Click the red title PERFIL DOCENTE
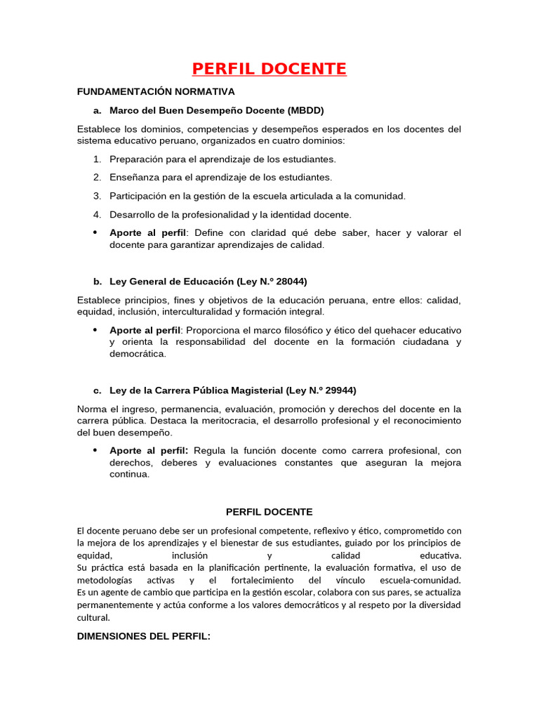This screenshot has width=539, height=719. [269, 69]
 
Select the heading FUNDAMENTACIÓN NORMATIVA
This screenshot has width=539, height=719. [156, 92]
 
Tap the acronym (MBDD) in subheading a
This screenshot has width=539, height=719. [305, 110]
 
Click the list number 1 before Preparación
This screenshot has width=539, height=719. [97, 159]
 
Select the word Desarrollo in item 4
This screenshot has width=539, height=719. [133, 214]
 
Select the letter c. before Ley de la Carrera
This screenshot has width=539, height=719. [97, 390]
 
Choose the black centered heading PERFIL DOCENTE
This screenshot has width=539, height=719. [269, 513]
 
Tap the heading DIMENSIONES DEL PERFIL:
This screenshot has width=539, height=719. [143, 636]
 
